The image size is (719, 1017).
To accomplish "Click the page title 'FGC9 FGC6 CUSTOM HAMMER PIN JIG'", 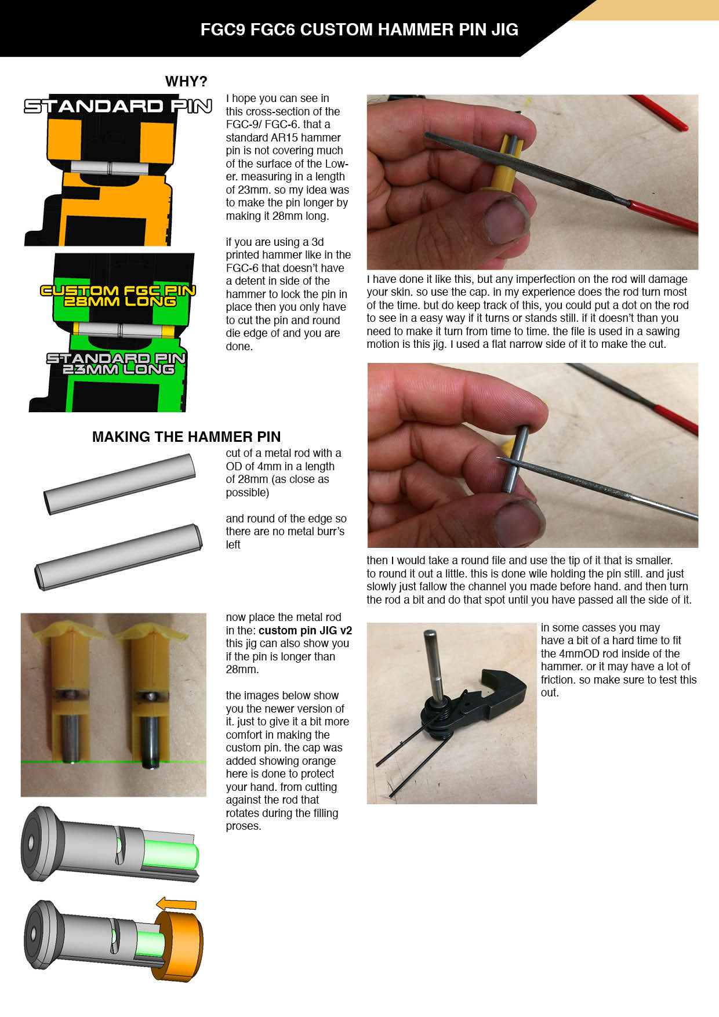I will pyautogui.click(x=359, y=30).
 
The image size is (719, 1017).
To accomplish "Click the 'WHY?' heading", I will pyautogui.click(x=186, y=81).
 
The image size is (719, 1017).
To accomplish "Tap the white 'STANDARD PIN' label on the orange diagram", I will pyautogui.click(x=118, y=106).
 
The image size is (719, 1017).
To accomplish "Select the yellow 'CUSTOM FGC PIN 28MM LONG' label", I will pyautogui.click(x=118, y=296).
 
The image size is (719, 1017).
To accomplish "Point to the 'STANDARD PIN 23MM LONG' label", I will pyautogui.click(x=117, y=364).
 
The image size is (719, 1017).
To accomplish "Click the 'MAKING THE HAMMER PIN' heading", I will pyautogui.click(x=186, y=437).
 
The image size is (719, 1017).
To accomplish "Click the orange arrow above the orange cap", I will pyautogui.click(x=177, y=903).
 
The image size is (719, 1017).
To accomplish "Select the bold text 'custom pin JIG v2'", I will pyautogui.click(x=305, y=630).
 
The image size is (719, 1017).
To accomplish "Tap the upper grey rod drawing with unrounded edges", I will pyautogui.click(x=120, y=484).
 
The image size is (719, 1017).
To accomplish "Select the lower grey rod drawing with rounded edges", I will pyautogui.click(x=119, y=557).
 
